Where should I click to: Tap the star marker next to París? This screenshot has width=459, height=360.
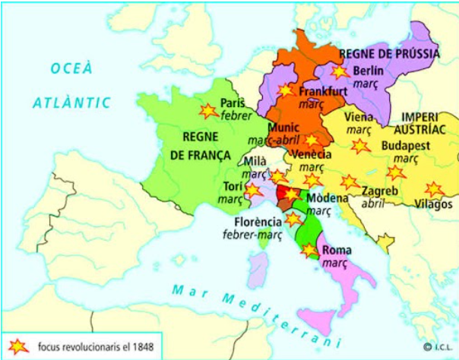coord(207,111)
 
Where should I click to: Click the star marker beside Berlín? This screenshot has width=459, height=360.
coord(339,72)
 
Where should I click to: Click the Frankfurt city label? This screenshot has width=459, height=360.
coord(323,91)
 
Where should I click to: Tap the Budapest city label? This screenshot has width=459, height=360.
coord(407,145)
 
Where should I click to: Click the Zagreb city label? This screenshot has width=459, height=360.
coord(380,190)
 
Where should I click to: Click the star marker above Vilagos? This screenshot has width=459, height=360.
coord(434,188)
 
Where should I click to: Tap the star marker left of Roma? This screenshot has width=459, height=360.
coord(309,250)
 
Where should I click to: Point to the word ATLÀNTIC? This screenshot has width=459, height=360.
coord(72,102)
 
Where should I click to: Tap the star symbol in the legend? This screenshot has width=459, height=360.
coord(17,347)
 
